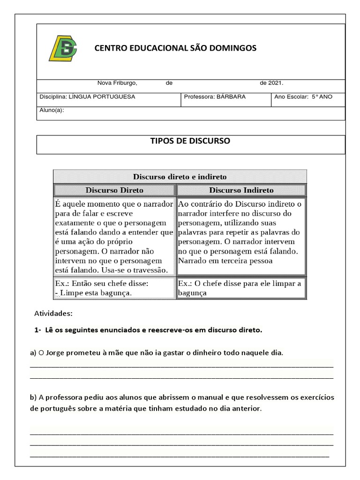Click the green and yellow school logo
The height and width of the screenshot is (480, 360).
(63, 49)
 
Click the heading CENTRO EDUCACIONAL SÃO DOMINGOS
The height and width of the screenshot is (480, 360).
(175, 48)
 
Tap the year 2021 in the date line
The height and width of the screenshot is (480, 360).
(275, 83)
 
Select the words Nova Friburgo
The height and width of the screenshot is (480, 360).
(117, 83)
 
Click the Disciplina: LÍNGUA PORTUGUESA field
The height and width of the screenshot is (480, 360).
(87, 97)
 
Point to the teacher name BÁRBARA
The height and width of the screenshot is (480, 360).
(231, 97)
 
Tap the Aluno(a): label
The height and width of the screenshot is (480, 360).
(52, 111)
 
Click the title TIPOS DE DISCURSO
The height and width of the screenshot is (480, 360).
(190, 141)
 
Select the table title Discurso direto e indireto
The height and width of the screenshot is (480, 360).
(180, 177)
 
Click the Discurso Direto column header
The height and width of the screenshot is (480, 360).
(114, 190)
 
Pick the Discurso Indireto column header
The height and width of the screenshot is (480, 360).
(241, 190)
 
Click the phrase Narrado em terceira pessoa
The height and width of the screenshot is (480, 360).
(225, 261)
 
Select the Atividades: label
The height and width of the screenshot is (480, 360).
(53, 313)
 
